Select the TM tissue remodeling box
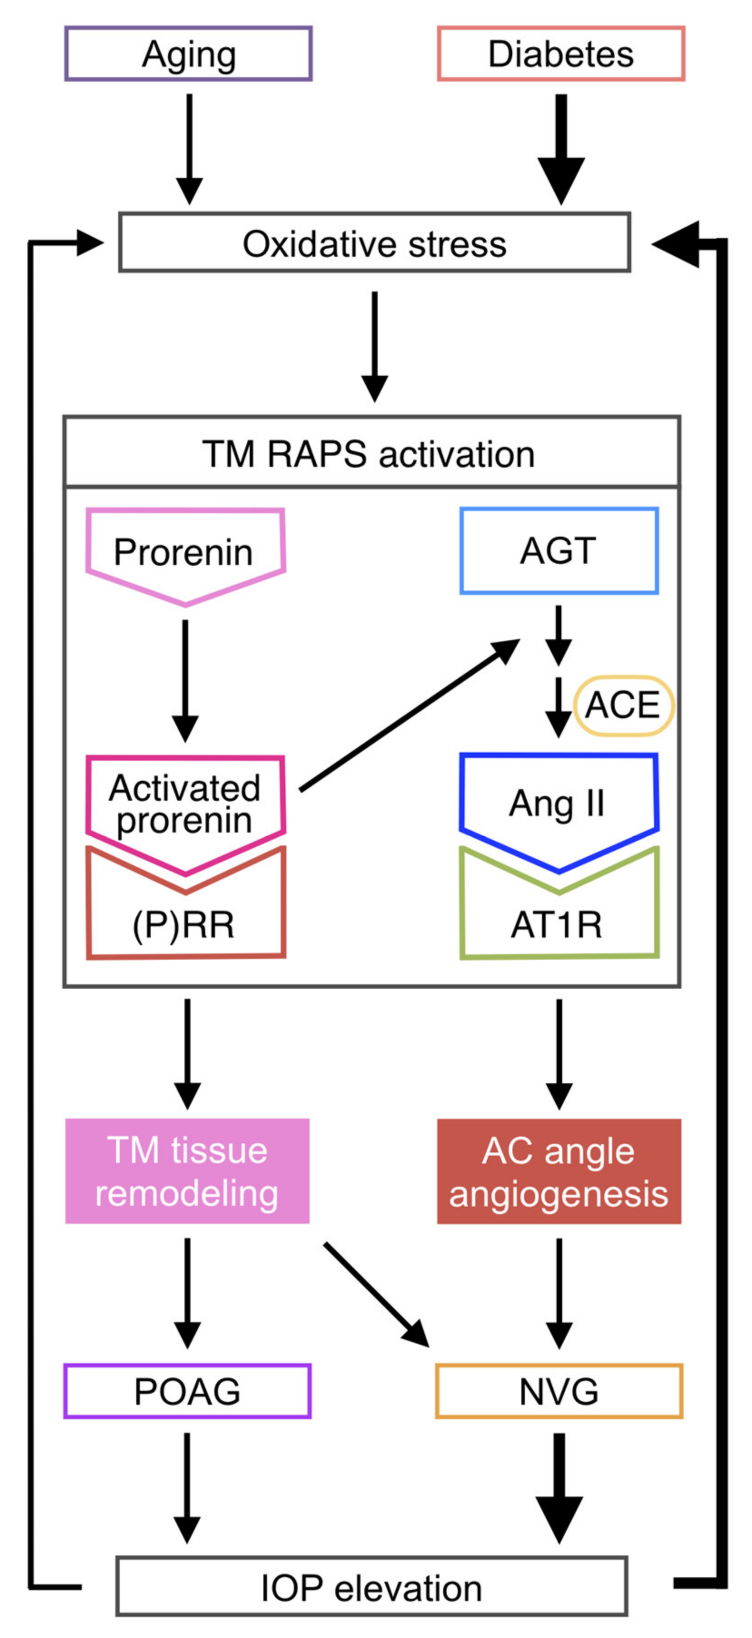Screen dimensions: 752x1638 tap(187, 1171)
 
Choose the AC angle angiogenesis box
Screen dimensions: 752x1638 tap(559, 1171)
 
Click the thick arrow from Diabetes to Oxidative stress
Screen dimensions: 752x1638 tap(560, 149)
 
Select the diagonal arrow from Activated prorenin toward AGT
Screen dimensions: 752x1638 tap(410, 715)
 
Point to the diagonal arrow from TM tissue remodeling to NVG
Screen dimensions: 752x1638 tap(376, 1295)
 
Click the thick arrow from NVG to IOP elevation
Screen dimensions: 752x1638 tap(559, 1488)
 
